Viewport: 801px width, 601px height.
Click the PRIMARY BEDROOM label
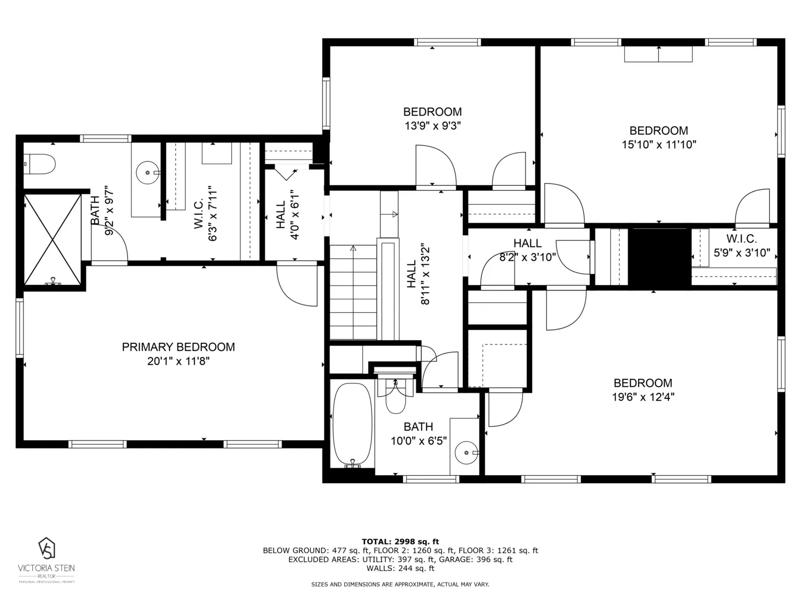pyautogui.click(x=178, y=347)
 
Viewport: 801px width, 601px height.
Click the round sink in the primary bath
pyautogui.click(x=147, y=173)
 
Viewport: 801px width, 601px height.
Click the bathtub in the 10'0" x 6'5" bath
pyautogui.click(x=352, y=424)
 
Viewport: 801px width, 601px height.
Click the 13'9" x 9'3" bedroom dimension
pyautogui.click(x=432, y=126)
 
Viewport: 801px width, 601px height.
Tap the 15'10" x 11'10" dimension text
pyautogui.click(x=659, y=145)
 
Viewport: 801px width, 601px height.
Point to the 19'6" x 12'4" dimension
pyautogui.click(x=642, y=397)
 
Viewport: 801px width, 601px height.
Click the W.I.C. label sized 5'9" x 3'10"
pyautogui.click(x=741, y=239)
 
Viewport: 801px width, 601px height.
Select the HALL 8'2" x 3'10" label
pyautogui.click(x=527, y=244)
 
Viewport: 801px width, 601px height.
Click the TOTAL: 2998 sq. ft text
pyautogui.click(x=400, y=541)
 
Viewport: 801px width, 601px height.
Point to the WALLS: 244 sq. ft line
pyautogui.click(x=400, y=568)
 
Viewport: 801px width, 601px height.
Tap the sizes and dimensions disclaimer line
pyautogui.click(x=400, y=584)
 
